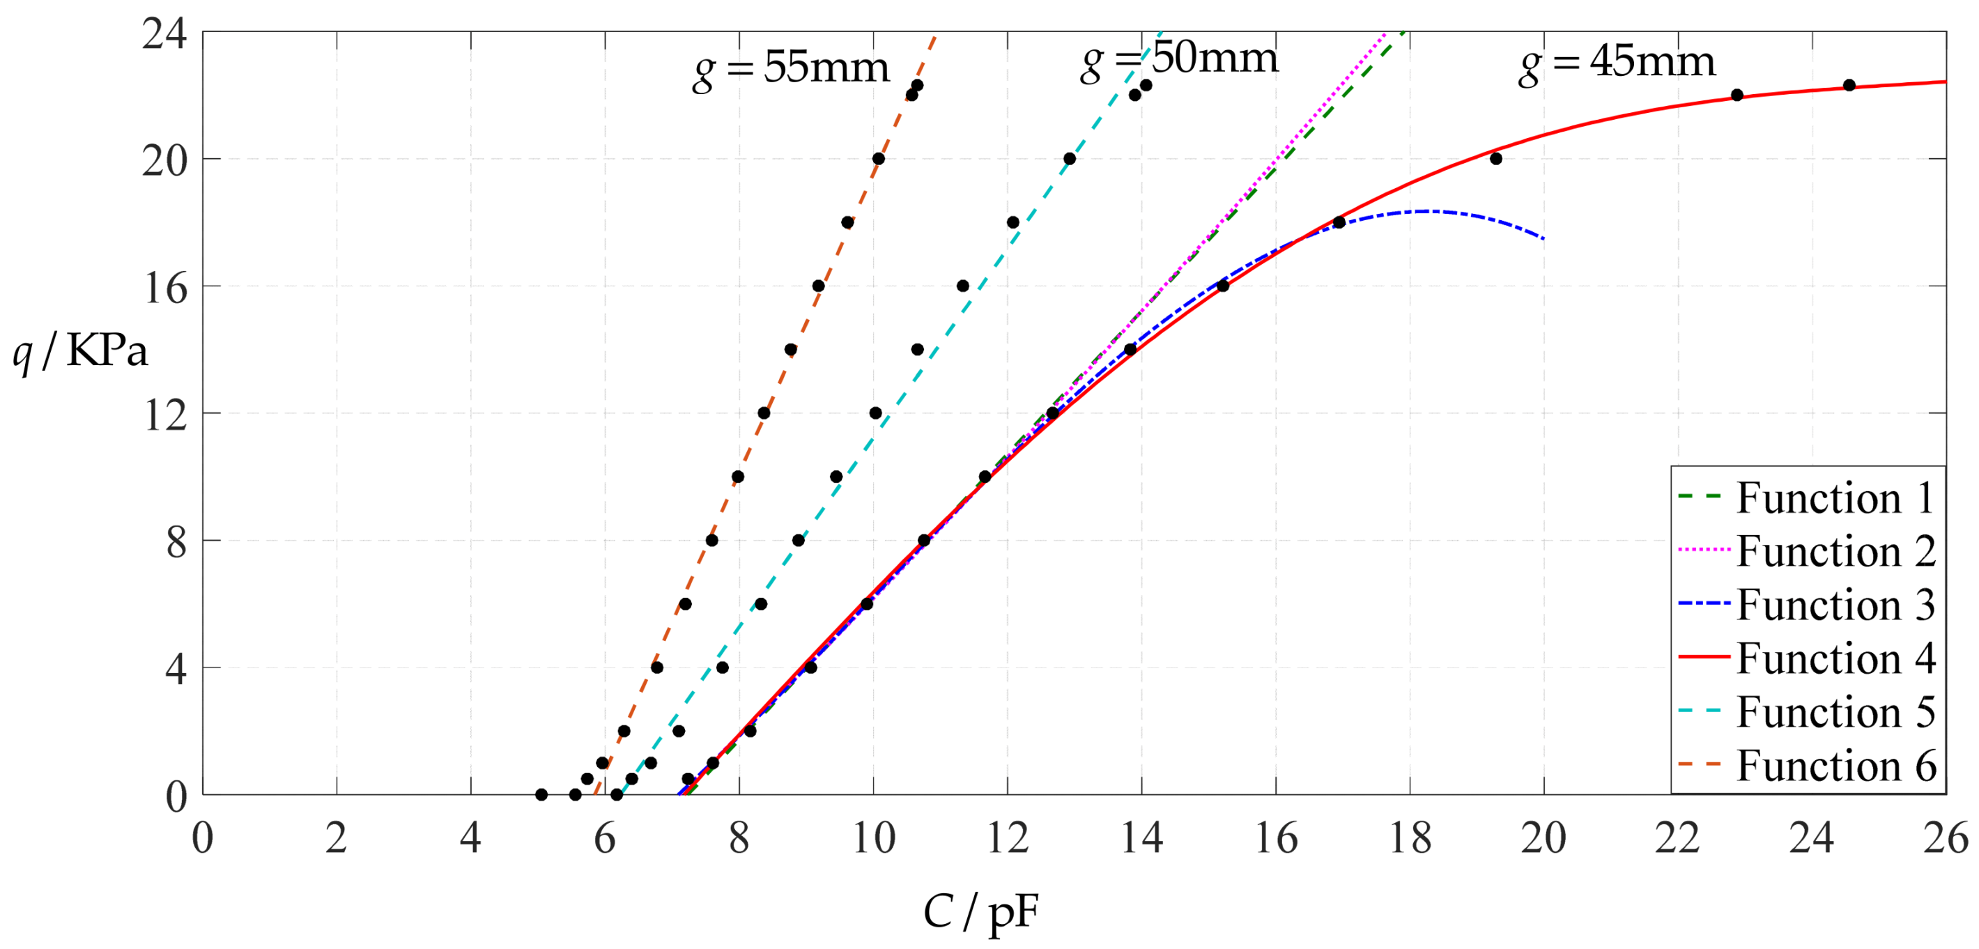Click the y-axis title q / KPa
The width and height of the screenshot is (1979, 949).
coord(80,352)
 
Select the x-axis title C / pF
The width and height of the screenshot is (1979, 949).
coord(981,913)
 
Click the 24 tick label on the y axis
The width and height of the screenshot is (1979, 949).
coord(164,34)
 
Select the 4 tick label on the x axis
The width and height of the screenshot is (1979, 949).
coord(470,838)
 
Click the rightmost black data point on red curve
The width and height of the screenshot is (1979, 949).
coord(1849,85)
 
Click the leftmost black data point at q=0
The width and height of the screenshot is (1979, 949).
coord(541,794)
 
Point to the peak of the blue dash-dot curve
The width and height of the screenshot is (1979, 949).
coord(1427,210)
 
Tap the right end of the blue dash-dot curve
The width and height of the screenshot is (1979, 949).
coord(1543,238)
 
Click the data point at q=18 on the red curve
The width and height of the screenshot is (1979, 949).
coord(1339,223)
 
